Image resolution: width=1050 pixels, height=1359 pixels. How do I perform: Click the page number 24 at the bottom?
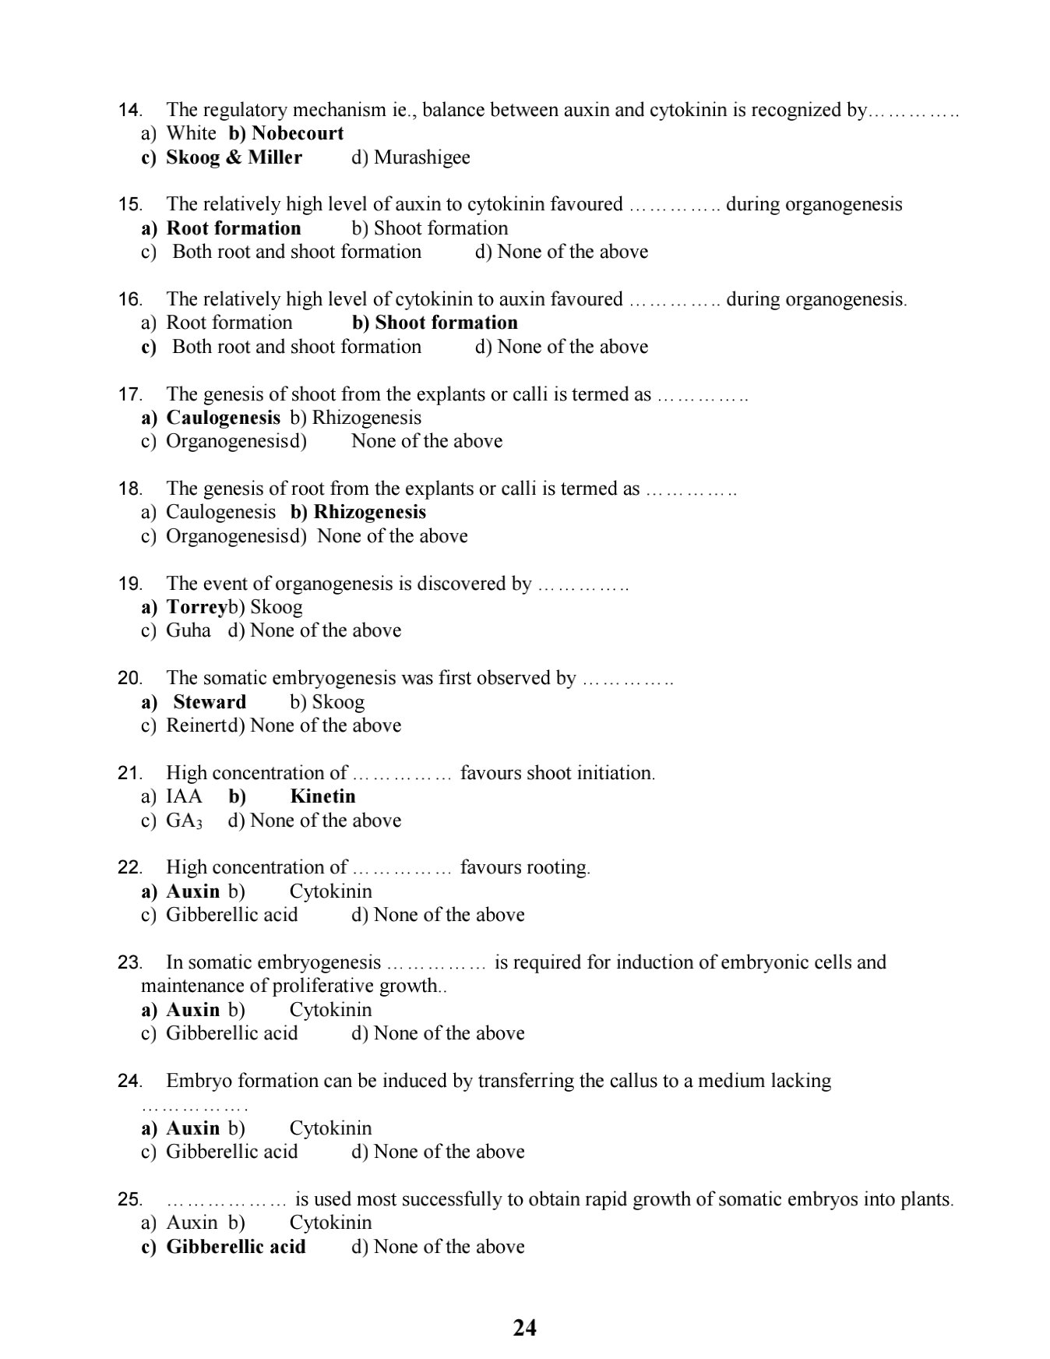[525, 1327]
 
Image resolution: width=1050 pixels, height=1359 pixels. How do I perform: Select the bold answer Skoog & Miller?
[234, 157]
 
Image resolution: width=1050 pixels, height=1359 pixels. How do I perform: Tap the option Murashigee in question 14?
[421, 157]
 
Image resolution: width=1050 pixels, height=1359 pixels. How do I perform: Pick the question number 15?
[129, 205]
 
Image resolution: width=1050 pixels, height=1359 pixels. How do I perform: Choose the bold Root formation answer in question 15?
[234, 228]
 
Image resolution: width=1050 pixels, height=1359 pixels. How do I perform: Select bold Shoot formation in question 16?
[446, 323]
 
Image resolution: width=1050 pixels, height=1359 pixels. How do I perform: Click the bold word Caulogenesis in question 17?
[223, 418]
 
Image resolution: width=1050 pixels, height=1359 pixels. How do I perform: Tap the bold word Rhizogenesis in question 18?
[369, 512]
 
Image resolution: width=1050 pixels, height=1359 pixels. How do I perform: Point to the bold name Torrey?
[196, 607]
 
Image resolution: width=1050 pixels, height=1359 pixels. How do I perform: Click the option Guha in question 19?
[189, 630]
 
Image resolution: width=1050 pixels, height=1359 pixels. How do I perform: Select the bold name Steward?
[210, 702]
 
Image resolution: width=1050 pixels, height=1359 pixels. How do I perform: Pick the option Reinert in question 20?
[196, 725]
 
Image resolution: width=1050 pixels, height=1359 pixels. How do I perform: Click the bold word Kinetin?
[322, 796]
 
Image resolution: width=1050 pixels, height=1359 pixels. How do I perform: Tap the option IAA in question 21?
[184, 796]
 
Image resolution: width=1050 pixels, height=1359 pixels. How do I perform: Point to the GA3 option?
[184, 821]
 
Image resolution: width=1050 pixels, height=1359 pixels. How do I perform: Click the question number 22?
[129, 868]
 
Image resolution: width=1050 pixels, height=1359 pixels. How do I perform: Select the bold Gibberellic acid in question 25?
[236, 1247]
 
